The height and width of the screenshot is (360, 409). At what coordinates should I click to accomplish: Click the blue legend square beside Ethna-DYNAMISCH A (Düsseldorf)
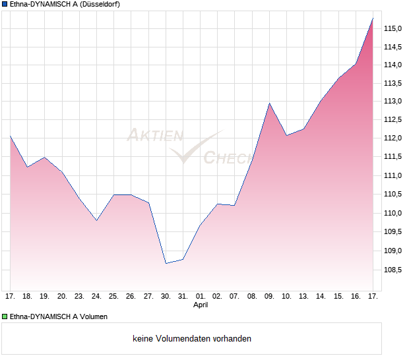pyautogui.click(x=5, y=4)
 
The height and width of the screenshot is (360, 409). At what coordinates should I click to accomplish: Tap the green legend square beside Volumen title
pyautogui.click(x=5, y=316)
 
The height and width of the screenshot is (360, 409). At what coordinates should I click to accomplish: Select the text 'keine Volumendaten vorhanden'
pyautogui.click(x=192, y=339)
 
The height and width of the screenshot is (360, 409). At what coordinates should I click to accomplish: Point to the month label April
pyautogui.click(x=201, y=306)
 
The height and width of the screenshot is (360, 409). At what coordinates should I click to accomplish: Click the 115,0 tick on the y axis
pyautogui.click(x=394, y=28)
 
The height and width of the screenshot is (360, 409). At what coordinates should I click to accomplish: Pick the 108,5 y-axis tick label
pyautogui.click(x=394, y=269)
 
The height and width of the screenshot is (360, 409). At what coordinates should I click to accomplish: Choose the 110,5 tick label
pyautogui.click(x=394, y=195)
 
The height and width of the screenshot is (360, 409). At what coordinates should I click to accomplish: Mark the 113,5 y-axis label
pyautogui.click(x=394, y=83)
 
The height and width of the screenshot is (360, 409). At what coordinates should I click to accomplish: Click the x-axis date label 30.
pyautogui.click(x=166, y=297)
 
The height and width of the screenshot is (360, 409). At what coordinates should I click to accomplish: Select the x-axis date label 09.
pyautogui.click(x=269, y=297)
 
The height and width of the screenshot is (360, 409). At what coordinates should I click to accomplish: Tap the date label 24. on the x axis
pyautogui.click(x=96, y=297)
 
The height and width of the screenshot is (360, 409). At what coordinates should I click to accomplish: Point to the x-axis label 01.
pyautogui.click(x=201, y=297)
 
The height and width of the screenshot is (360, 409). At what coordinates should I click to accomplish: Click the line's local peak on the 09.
pyautogui.click(x=269, y=104)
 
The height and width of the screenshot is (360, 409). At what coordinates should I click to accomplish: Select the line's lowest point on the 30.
pyautogui.click(x=166, y=263)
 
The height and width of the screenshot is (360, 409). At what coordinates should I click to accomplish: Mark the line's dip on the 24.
pyautogui.click(x=96, y=220)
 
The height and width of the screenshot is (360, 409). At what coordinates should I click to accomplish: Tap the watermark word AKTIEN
pyautogui.click(x=154, y=136)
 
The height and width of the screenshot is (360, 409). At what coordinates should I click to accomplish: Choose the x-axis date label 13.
pyautogui.click(x=304, y=297)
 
